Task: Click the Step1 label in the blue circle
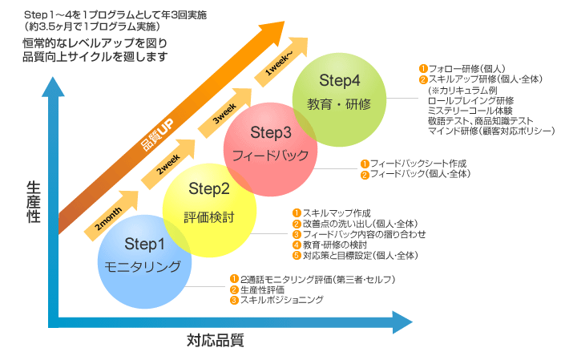click(144, 243)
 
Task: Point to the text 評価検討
click(209, 216)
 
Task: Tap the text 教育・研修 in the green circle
click(340, 105)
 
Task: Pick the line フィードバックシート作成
click(414, 164)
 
